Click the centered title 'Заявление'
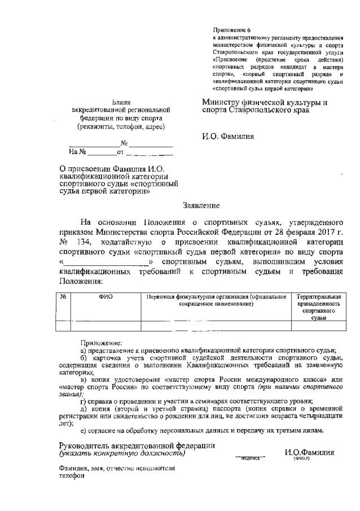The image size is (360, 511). pyautogui.click(x=201, y=206)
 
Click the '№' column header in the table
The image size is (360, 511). pyautogui.click(x=63, y=296)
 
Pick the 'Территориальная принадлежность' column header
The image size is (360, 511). pyautogui.click(x=319, y=300)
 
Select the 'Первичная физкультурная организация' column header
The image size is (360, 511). pyautogui.click(x=217, y=296)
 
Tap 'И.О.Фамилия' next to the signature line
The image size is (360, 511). pyautogui.click(x=309, y=452)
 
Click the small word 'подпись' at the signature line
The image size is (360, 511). pyautogui.click(x=249, y=458)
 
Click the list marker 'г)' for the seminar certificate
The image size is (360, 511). pyautogui.click(x=84, y=401)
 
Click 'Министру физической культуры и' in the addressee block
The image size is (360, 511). pyautogui.click(x=264, y=102)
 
